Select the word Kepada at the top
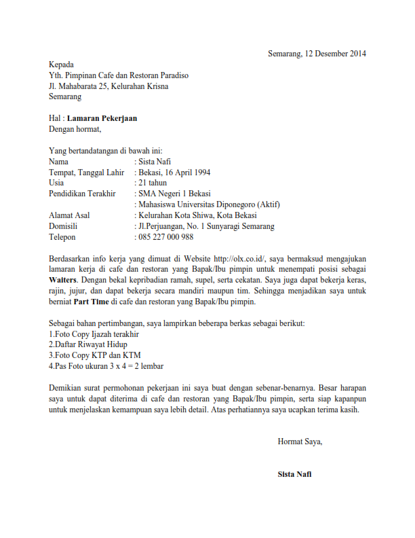[x=62, y=65]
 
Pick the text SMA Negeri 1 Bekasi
[x=174, y=194]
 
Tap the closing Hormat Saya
[x=300, y=442]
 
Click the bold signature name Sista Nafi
[x=295, y=474]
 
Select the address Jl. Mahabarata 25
[x=79, y=86]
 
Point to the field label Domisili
[x=63, y=226]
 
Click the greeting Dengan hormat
[x=75, y=129]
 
